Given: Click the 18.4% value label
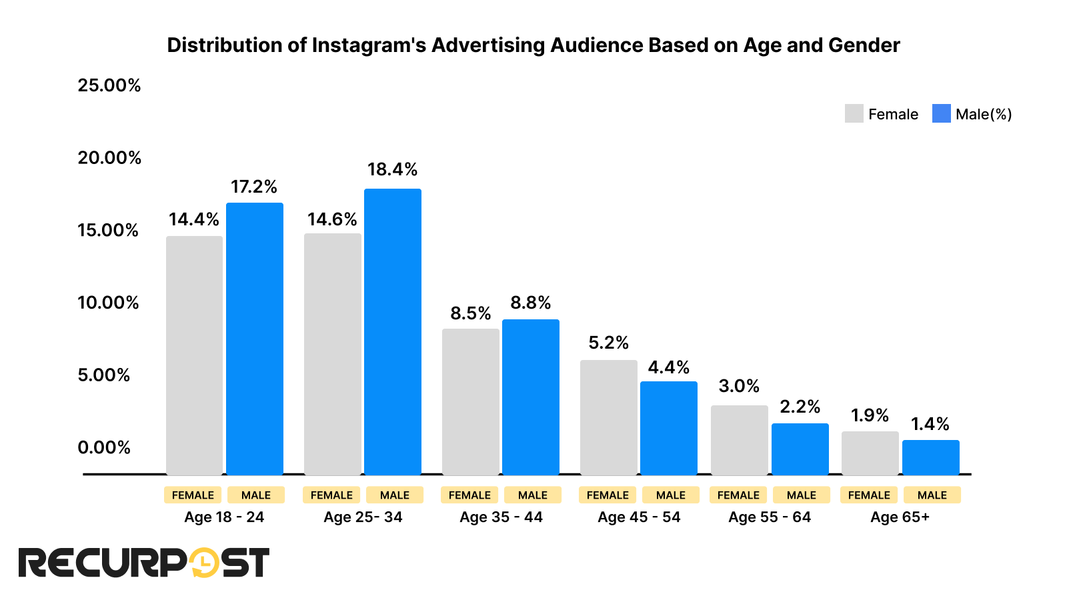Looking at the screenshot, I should pyautogui.click(x=392, y=169).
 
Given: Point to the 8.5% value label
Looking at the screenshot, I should pyautogui.click(x=470, y=313).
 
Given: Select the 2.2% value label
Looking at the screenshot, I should pyautogui.click(x=800, y=407).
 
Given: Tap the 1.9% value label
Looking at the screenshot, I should pyautogui.click(x=870, y=415).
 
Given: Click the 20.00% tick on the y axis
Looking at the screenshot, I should pyautogui.click(x=109, y=158).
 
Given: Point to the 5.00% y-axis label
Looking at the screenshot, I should pyautogui.click(x=104, y=375).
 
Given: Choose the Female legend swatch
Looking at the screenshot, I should pyautogui.click(x=854, y=114).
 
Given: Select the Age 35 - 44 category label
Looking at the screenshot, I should pyautogui.click(x=501, y=517).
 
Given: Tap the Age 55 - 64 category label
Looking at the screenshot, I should pyautogui.click(x=770, y=517).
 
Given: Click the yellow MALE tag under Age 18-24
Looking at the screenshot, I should pyautogui.click(x=256, y=495).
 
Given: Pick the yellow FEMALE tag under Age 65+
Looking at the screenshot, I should pyautogui.click(x=869, y=495).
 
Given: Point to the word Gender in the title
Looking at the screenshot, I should pyautogui.click(x=864, y=45).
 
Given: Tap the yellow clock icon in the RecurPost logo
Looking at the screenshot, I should pyautogui.click(x=204, y=563).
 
